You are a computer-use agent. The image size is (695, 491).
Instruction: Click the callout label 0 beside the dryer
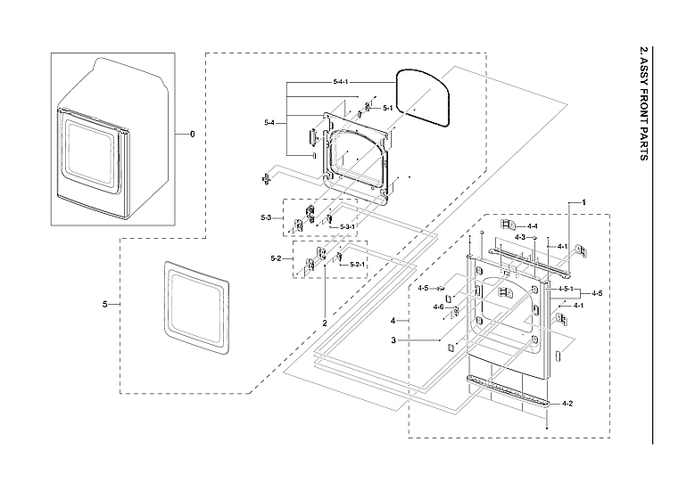[190, 134]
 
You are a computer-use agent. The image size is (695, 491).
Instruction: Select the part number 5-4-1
[340, 82]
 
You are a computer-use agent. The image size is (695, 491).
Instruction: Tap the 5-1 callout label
[387, 109]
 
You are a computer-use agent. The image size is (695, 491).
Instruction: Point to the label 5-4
[269, 121]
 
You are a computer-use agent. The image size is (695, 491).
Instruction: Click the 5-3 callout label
[267, 217]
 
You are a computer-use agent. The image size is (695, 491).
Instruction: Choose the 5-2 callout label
[277, 258]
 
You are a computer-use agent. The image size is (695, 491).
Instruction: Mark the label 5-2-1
[357, 264]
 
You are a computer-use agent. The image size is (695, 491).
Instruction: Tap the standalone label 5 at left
[105, 305]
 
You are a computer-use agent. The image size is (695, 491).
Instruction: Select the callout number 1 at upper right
[583, 203]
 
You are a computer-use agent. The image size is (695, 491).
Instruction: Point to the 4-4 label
[532, 226]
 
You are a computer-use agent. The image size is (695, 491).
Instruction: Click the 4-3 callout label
[520, 238]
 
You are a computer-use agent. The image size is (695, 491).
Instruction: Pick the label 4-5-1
[566, 290]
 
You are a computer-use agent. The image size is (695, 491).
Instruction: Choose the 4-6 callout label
[438, 307]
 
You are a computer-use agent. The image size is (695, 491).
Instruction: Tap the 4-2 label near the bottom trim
[567, 404]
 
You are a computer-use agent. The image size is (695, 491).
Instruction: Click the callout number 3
[393, 340]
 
